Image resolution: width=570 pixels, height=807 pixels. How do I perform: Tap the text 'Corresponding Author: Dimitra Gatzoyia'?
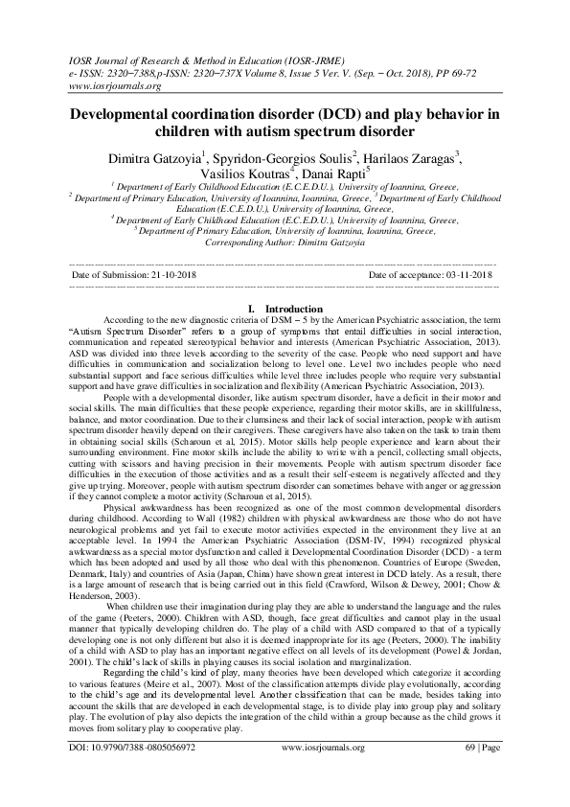285,244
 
